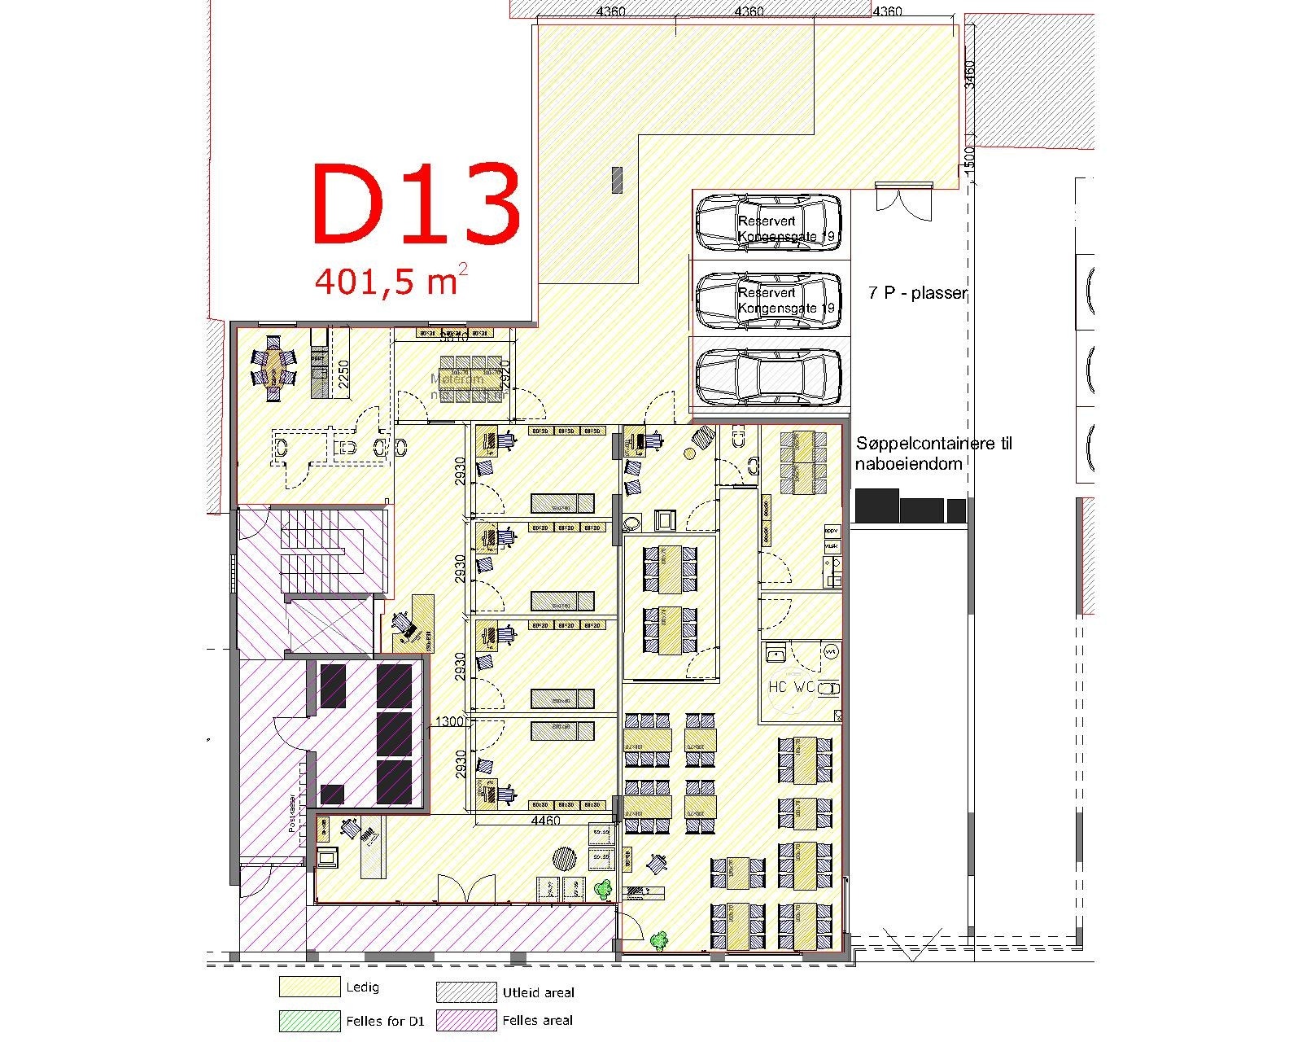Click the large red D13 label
click(416, 204)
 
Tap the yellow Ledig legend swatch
click(309, 987)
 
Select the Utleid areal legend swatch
click(465, 992)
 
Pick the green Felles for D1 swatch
click(309, 1020)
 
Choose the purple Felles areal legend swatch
click(465, 1019)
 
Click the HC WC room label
click(791, 686)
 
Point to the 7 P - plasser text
click(916, 293)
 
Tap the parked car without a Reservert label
click(768, 377)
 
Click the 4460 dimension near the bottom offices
click(545, 821)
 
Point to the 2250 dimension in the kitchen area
click(343, 375)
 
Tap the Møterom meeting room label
click(457, 379)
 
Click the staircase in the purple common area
click(321, 554)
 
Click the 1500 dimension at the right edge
click(968, 157)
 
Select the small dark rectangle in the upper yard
click(617, 179)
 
